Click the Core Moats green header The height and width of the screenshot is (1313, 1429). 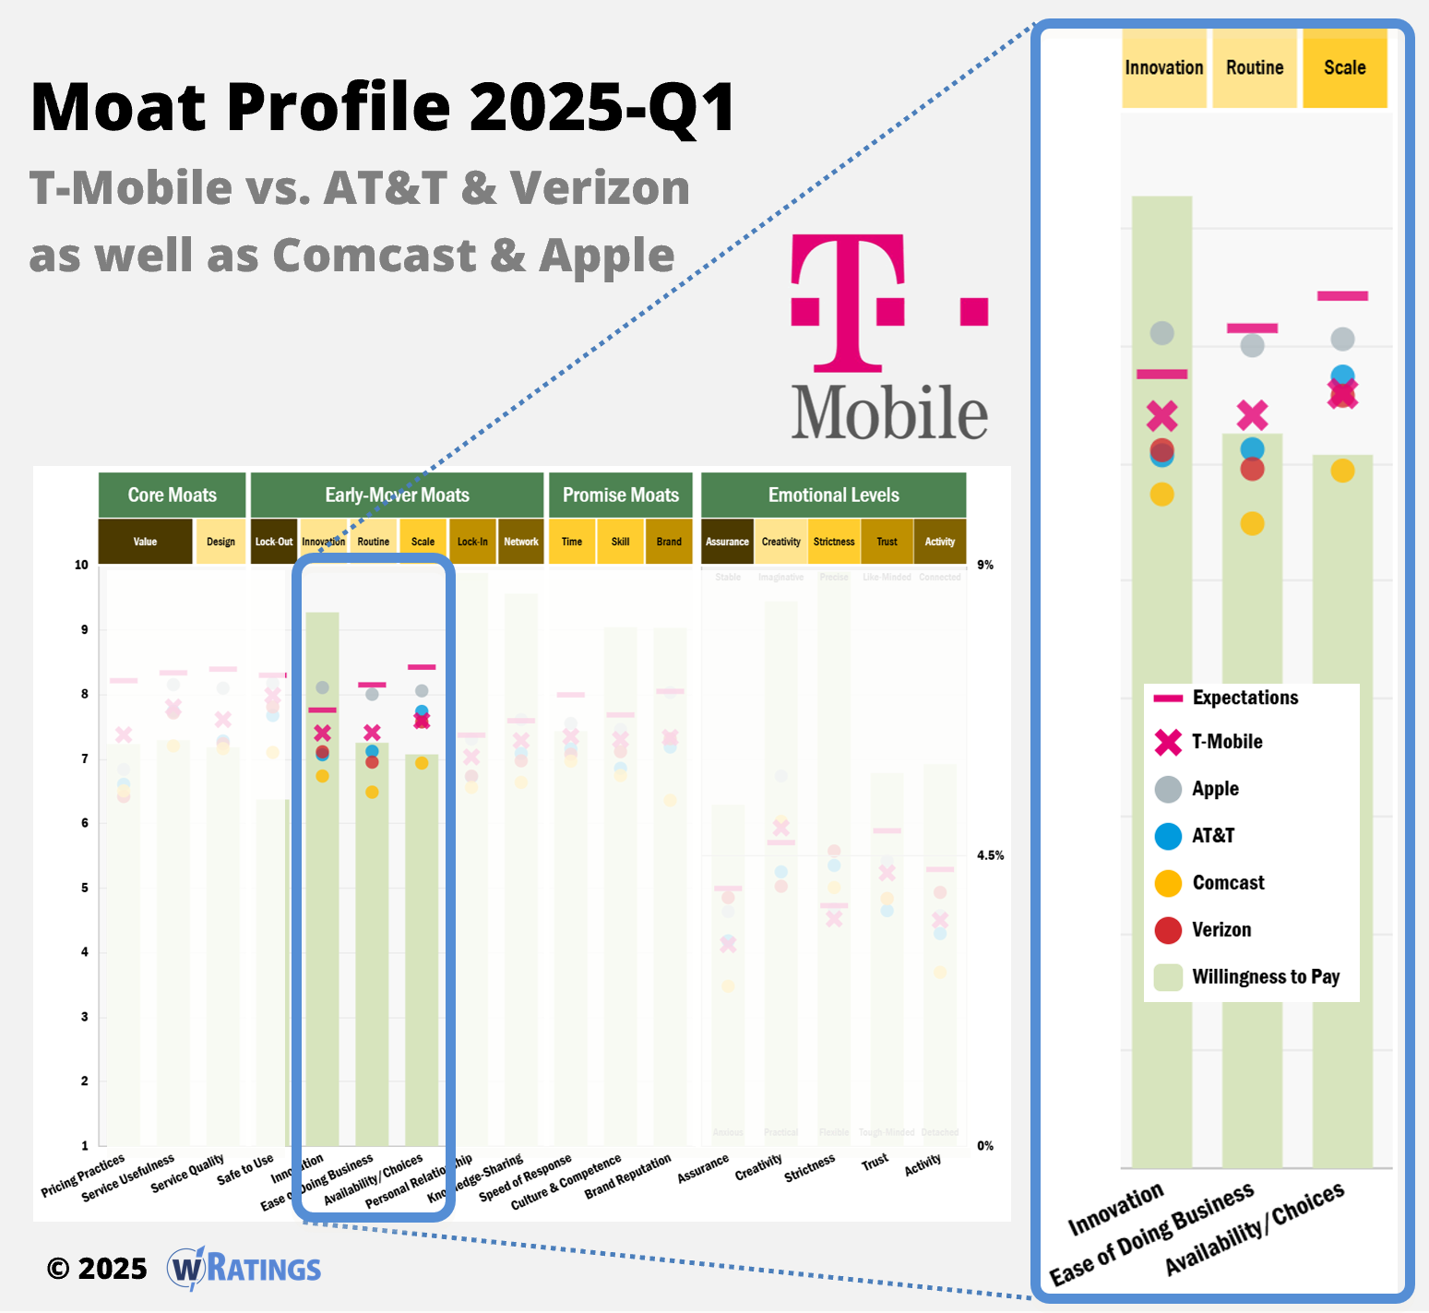pyautogui.click(x=173, y=495)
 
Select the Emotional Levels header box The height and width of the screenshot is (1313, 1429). pyautogui.click(x=833, y=495)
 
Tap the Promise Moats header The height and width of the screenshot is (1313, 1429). pyautogui.click(x=620, y=495)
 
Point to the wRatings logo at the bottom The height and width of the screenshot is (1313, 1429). pyautogui.click(x=244, y=1269)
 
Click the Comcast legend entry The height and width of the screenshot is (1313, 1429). pyautogui.click(x=1228, y=883)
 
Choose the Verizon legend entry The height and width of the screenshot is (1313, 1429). pyautogui.click(x=1221, y=930)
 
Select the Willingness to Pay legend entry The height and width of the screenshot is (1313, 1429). pyautogui.click(x=1265, y=977)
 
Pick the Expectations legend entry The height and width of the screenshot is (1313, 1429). pyautogui.click(x=1244, y=698)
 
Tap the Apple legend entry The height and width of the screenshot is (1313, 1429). pyautogui.click(x=1214, y=789)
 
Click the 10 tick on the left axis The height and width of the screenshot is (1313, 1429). pyautogui.click(x=82, y=565)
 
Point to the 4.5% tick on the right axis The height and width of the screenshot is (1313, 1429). pyautogui.click(x=990, y=855)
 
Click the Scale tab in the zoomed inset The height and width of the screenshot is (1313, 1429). pyautogui.click(x=1344, y=68)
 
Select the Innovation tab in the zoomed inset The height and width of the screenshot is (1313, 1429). pyautogui.click(x=1163, y=68)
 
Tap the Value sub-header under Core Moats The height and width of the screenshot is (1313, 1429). pyautogui.click(x=145, y=542)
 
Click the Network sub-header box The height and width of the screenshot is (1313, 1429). pyautogui.click(x=521, y=542)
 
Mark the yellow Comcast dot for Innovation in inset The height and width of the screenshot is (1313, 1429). pyautogui.click(x=1161, y=495)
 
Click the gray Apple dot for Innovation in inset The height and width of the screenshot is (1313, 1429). pyautogui.click(x=1161, y=333)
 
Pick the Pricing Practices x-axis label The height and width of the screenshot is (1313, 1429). pyautogui.click(x=83, y=1176)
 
